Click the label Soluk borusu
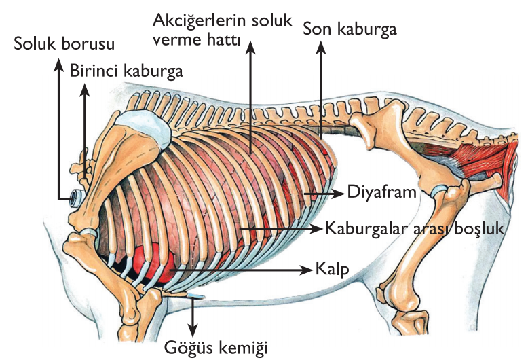[x=64, y=44]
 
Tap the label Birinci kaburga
[x=126, y=70]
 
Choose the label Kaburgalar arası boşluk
[x=415, y=228]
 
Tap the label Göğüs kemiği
[x=216, y=348]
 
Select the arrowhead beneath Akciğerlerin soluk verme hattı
[x=250, y=46]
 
